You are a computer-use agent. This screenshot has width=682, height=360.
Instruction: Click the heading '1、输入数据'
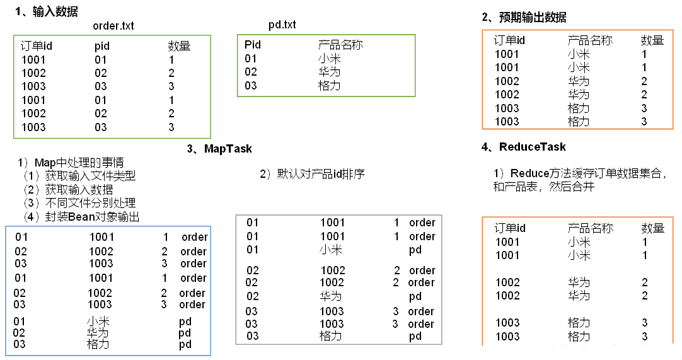(x=47, y=12)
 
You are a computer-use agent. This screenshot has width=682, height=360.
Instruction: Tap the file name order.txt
(x=113, y=26)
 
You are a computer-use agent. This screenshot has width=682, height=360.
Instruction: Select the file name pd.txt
(x=282, y=25)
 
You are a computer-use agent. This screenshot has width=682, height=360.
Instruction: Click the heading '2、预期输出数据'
(x=524, y=18)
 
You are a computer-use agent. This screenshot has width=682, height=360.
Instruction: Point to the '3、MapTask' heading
(x=219, y=149)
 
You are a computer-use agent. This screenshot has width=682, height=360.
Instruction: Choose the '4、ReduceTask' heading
(x=523, y=147)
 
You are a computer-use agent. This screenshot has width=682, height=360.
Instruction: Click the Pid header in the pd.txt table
(x=253, y=45)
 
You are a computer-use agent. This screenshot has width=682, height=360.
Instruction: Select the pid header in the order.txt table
(x=102, y=46)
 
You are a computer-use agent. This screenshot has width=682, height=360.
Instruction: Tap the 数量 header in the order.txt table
(x=179, y=45)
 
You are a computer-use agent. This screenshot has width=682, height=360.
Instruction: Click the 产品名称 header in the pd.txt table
(x=340, y=45)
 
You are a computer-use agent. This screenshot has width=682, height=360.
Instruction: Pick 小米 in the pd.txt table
(x=329, y=59)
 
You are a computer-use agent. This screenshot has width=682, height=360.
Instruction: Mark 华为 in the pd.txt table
(x=329, y=72)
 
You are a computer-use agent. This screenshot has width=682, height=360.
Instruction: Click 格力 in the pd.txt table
(x=329, y=85)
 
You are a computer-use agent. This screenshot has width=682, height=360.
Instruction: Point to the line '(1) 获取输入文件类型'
(x=79, y=176)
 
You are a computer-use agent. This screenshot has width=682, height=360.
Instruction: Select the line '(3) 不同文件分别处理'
(x=79, y=203)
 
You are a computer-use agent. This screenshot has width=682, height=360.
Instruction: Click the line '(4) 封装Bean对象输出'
(x=81, y=216)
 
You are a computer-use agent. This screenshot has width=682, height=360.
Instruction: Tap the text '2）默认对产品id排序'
(x=312, y=174)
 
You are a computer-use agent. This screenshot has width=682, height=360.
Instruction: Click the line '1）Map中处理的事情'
(x=71, y=163)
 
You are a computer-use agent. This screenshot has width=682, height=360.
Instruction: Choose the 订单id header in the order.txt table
(x=37, y=46)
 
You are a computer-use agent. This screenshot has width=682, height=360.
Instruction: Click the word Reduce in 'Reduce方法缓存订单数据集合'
(x=529, y=173)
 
